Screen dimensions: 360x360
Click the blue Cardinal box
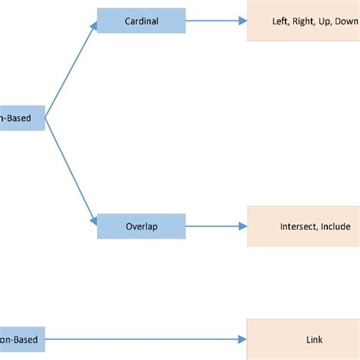coord(141,21)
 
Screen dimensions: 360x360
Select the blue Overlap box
coord(141,226)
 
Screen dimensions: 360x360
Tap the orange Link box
coord(303,339)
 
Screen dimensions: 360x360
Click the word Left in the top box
coord(280,21)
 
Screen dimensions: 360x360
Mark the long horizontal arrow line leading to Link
coord(144,339)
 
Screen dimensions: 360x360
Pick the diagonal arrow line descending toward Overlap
coord(70,169)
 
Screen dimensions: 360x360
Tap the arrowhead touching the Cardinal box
coord(93,26)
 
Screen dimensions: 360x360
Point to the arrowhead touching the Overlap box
coord(93,221)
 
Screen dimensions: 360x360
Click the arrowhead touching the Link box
coord(242,339)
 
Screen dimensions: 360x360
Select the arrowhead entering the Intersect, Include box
coord(242,226)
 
